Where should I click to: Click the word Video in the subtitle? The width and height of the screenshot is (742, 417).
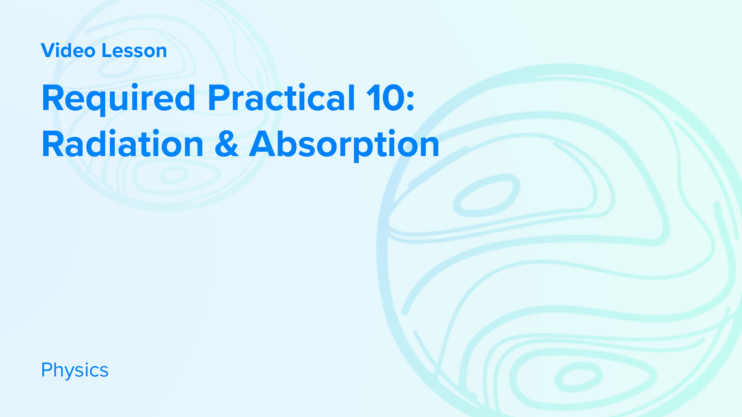click(x=68, y=51)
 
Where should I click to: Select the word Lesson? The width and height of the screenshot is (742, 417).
click(x=134, y=51)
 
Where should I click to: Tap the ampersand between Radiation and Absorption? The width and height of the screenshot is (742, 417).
click(x=227, y=144)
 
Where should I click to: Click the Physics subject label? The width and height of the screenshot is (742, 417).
click(x=75, y=370)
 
